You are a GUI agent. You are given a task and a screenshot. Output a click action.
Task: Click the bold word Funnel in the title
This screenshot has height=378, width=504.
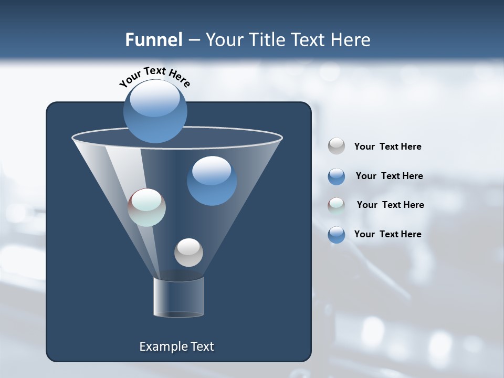(x=153, y=40)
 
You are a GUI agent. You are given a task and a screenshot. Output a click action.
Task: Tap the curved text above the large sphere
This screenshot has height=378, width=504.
(x=154, y=77)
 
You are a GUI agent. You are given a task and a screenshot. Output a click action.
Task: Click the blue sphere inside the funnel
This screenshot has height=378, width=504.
(x=212, y=181)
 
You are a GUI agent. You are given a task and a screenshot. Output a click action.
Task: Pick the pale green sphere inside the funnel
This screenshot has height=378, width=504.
(x=147, y=207)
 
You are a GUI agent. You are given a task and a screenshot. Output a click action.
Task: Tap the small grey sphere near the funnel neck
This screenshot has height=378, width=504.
(x=188, y=253)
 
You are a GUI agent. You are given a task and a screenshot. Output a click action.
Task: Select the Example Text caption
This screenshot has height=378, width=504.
(x=176, y=346)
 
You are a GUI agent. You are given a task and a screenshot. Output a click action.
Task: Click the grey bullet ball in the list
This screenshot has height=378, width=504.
(x=337, y=146)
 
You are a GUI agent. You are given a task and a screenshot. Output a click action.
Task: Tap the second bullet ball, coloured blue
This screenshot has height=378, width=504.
(x=337, y=176)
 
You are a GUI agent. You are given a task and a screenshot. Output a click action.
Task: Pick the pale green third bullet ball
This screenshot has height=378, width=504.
(x=337, y=205)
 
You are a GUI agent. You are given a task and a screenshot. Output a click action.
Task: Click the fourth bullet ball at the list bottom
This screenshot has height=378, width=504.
(x=337, y=235)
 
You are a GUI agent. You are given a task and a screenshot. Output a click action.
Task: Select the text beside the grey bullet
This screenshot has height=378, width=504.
(x=387, y=146)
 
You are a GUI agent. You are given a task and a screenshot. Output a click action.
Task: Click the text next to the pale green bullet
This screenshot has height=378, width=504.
(x=390, y=205)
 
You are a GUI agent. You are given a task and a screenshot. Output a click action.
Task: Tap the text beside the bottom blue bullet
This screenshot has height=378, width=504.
(x=387, y=234)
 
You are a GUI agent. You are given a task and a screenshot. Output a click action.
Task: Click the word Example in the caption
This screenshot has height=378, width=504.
(x=162, y=346)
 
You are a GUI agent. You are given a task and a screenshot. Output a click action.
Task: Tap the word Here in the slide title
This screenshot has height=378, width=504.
(x=352, y=40)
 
